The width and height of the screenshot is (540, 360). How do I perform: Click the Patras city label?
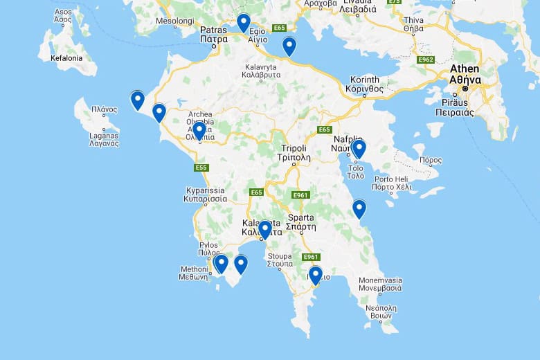(213, 35)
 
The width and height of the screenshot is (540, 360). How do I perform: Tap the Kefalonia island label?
(66, 58)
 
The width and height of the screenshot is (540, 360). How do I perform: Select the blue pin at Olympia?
(199, 130)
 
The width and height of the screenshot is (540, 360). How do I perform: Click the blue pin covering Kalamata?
(264, 229)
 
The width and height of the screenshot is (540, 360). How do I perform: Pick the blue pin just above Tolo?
(359, 149)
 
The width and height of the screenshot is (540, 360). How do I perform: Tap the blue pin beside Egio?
(243, 23)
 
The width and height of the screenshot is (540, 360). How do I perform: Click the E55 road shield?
(201, 168)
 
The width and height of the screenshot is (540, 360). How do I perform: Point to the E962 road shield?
(426, 60)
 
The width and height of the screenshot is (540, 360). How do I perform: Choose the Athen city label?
(465, 73)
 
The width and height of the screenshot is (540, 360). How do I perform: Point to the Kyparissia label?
(205, 194)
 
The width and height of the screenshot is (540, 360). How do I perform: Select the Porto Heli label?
(391, 183)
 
